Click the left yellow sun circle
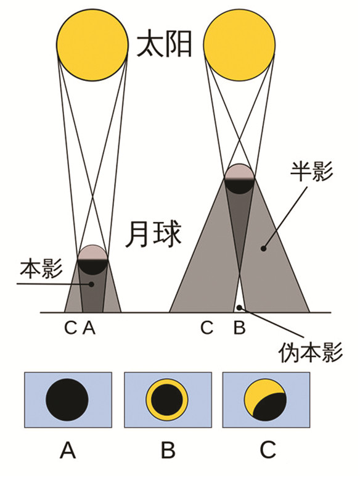(x=92, y=46)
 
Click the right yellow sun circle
(x=239, y=46)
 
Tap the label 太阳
(x=165, y=46)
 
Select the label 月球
(x=153, y=234)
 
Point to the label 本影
(x=42, y=268)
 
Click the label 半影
(x=312, y=171)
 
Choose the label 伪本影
(x=311, y=352)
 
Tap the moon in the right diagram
(x=239, y=179)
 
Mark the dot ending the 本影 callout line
(x=91, y=284)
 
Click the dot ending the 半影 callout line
(x=264, y=249)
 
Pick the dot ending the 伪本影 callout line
(x=239, y=308)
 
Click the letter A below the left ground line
(x=89, y=328)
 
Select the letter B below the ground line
(x=239, y=328)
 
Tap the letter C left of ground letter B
(x=207, y=328)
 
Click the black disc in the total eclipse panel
(x=67, y=400)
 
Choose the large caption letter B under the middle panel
(x=168, y=450)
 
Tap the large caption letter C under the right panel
(x=268, y=450)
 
